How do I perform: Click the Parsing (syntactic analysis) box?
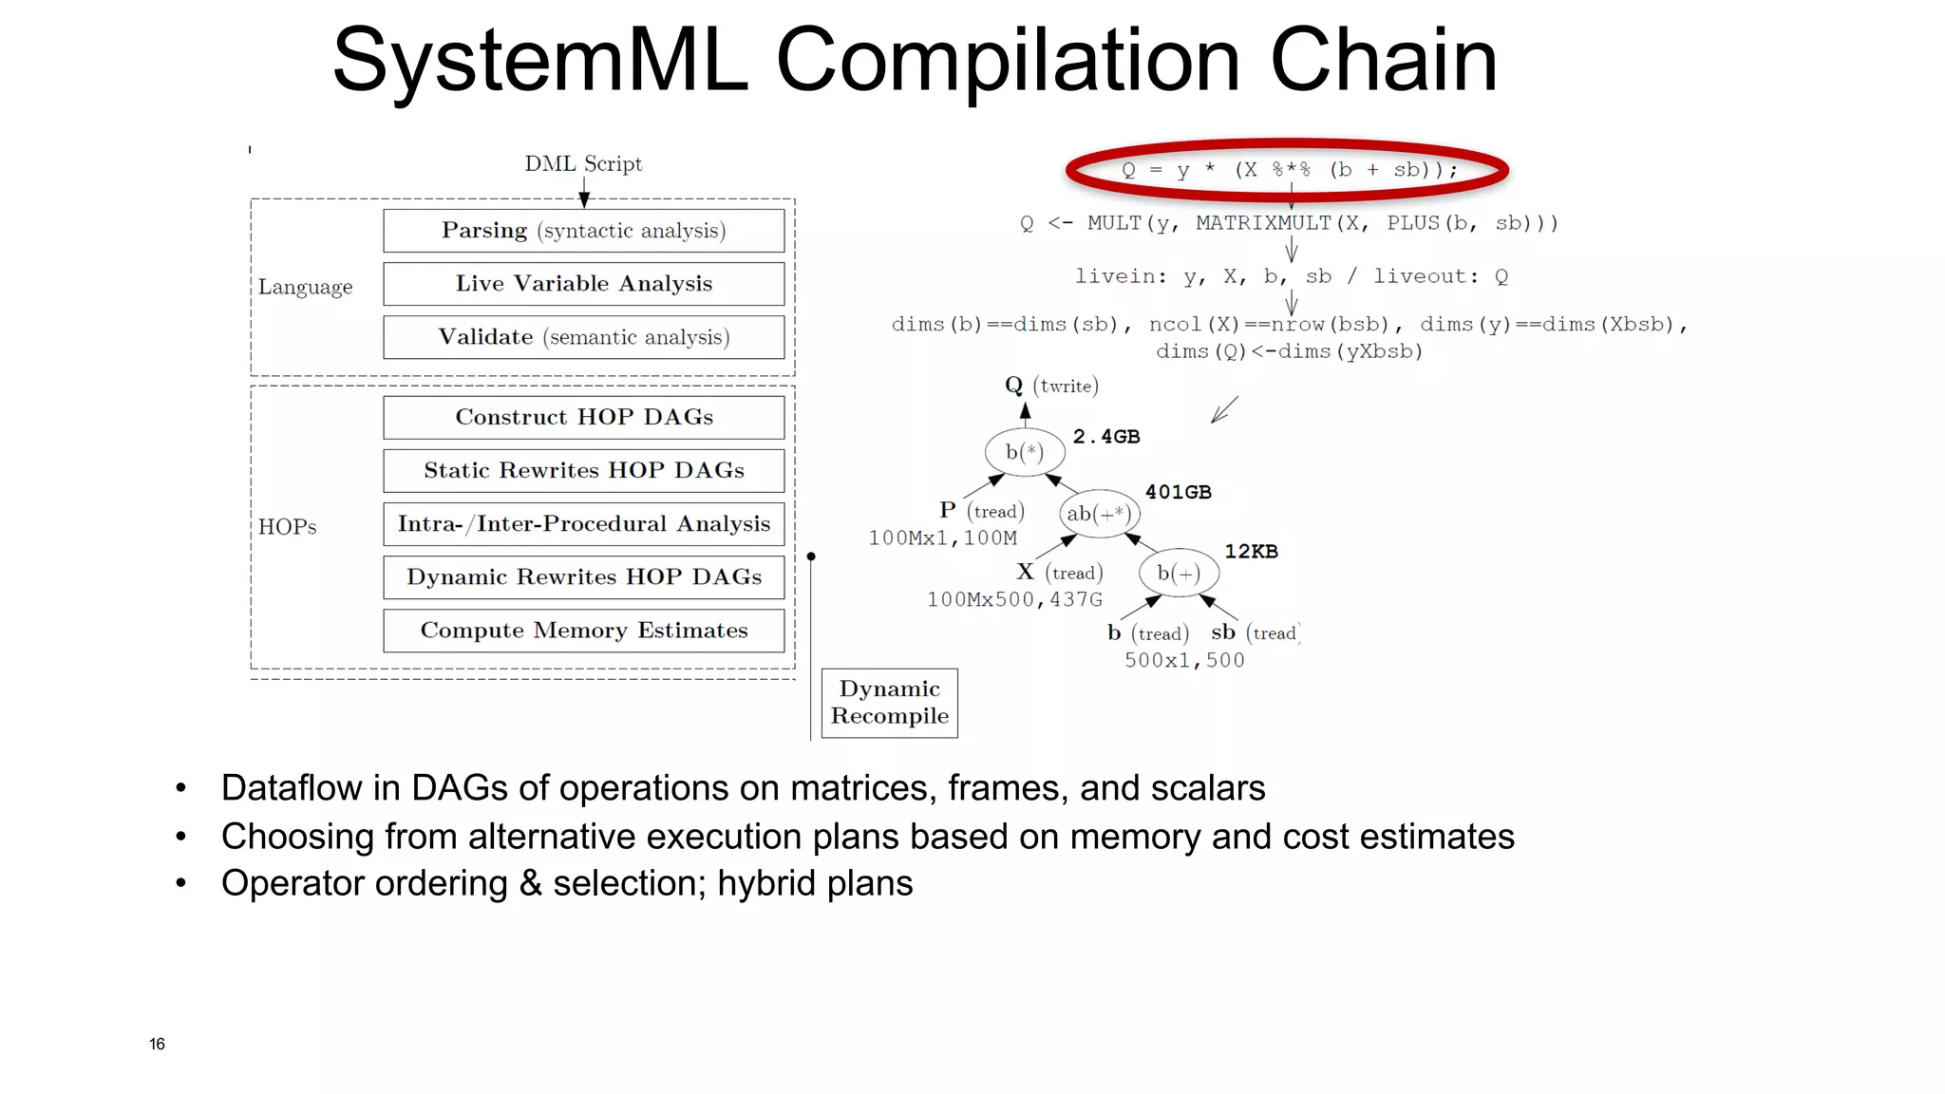(x=583, y=231)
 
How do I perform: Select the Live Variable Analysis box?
(x=583, y=284)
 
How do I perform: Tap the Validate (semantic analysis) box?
(x=583, y=337)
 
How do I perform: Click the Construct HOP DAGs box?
(x=583, y=417)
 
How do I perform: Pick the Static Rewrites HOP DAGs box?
(x=583, y=470)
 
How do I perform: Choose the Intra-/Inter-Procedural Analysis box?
(x=583, y=523)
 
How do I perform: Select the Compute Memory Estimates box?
(x=583, y=631)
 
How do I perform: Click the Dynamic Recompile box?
(x=889, y=703)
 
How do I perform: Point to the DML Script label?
(x=583, y=163)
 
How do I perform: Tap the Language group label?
(x=305, y=287)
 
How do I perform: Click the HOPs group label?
(x=287, y=527)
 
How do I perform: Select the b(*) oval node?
(x=1024, y=452)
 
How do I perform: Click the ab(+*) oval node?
(x=1099, y=514)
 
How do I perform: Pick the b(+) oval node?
(x=1179, y=573)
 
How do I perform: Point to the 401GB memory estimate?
(x=1178, y=492)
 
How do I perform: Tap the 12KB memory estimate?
(x=1251, y=552)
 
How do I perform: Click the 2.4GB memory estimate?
(x=1106, y=437)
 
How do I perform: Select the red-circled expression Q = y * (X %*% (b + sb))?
(x=1288, y=171)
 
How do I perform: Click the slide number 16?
(x=157, y=1044)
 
